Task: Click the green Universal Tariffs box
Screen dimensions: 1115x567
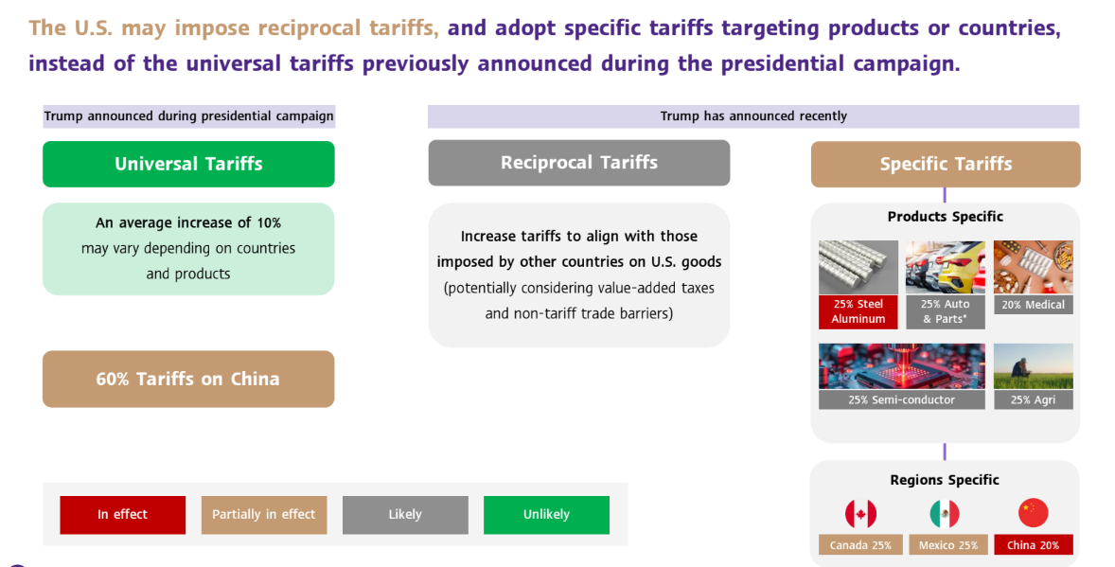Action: [188, 164]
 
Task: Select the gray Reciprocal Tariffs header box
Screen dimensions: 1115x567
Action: [579, 163]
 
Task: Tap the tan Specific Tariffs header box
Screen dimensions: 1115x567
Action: [946, 165]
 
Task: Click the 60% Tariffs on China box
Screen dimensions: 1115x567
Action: [188, 380]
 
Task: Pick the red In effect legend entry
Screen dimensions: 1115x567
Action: [122, 514]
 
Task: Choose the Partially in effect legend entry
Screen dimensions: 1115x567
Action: [264, 514]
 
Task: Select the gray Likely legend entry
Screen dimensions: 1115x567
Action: [405, 514]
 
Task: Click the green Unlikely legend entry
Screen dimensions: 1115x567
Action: [546, 514]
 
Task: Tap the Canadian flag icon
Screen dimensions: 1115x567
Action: [860, 513]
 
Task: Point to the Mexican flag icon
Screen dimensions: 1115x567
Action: [945, 513]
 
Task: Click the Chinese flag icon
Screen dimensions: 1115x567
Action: [1034, 513]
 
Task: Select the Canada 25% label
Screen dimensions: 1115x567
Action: [860, 545]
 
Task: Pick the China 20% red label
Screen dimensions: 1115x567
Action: [1034, 545]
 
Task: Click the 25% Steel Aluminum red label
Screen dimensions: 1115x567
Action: [858, 311]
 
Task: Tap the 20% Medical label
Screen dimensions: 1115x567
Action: [1034, 305]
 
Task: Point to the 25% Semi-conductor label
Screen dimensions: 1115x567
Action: [902, 399]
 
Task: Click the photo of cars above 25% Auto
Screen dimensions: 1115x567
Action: [945, 267]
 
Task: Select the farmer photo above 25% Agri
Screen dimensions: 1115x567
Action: [1034, 366]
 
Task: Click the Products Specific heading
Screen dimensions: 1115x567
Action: [945, 216]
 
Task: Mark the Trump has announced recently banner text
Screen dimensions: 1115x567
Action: [753, 116]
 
